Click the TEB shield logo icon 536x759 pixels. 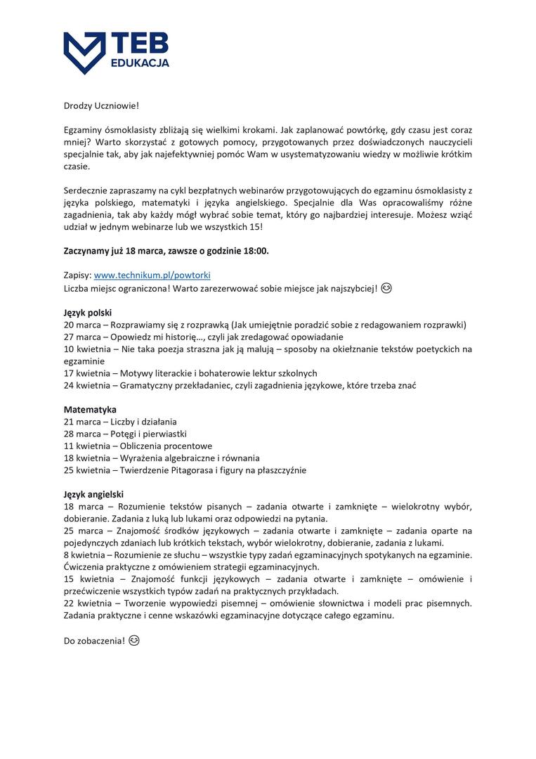tap(85, 53)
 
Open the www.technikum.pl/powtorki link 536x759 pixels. tap(152, 275)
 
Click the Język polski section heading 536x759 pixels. tap(88, 312)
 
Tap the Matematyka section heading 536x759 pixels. tap(90, 409)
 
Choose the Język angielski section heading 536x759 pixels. tap(93, 494)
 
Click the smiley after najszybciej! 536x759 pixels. tap(386, 288)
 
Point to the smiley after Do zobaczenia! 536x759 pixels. tap(134, 640)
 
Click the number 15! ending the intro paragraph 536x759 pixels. tap(254, 227)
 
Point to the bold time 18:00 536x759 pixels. tap(254, 251)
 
